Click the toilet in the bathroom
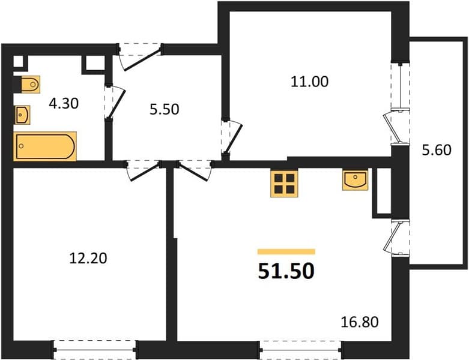tap(30, 85)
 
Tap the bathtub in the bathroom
tap(45, 146)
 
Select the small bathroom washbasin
tap(22, 115)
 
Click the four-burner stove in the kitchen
tap(284, 183)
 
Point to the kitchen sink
tap(355, 180)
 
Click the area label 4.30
tap(64, 104)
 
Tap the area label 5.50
tap(165, 109)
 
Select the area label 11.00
tap(310, 82)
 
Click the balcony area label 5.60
tap(437, 150)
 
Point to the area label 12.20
tap(88, 258)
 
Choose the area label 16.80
tap(360, 322)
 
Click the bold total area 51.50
tap(286, 271)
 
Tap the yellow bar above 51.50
tap(286, 251)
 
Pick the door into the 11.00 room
tap(232, 137)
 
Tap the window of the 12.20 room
tap(94, 350)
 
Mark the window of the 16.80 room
tap(301, 350)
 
